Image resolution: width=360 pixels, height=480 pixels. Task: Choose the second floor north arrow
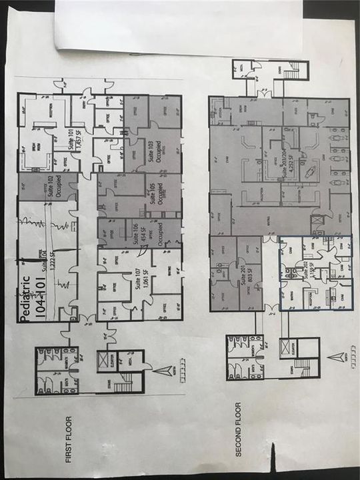(344, 355)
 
